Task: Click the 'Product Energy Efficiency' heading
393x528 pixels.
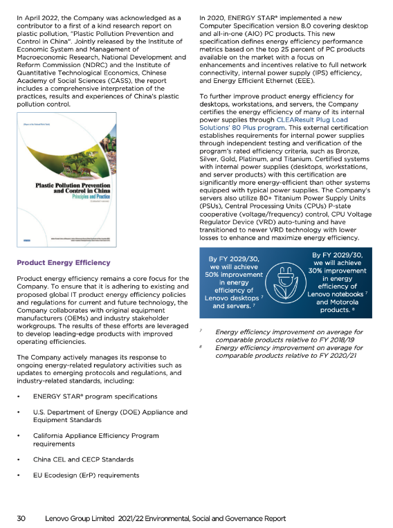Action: [x=63, y=262]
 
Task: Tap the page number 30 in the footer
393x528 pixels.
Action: [x=21, y=517]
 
